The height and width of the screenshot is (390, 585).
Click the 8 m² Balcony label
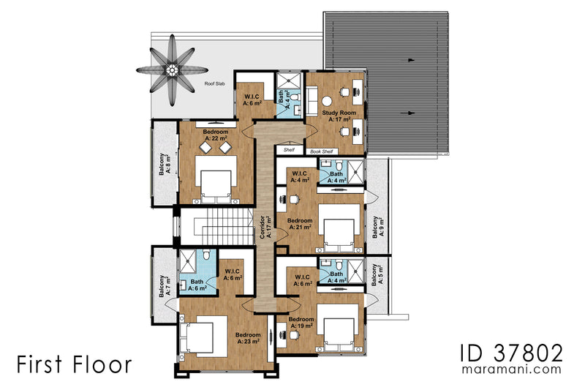[x=165, y=165]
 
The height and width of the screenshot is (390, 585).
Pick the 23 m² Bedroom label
[x=248, y=338]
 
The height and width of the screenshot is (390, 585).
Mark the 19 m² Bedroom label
[x=301, y=323]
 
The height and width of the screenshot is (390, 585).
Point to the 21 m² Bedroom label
[x=300, y=224]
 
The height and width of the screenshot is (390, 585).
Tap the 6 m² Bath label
[x=197, y=285]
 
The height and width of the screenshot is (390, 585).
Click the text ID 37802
[x=513, y=353]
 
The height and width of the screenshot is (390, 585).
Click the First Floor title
[x=75, y=364]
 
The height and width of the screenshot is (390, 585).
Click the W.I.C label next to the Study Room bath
[x=253, y=100]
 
